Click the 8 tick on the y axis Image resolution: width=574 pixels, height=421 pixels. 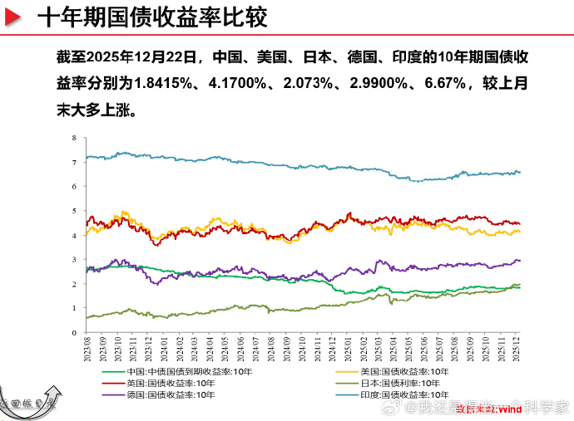click(x=74, y=137)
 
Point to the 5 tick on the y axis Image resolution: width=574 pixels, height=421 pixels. click(x=74, y=210)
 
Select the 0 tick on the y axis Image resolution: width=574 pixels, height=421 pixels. click(x=74, y=332)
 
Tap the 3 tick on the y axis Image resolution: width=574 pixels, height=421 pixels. click(x=74, y=259)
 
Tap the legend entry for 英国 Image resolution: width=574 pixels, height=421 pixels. click(x=162, y=383)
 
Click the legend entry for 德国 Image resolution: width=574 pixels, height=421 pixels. click(x=162, y=394)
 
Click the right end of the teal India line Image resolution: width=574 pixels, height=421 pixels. click(x=520, y=172)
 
